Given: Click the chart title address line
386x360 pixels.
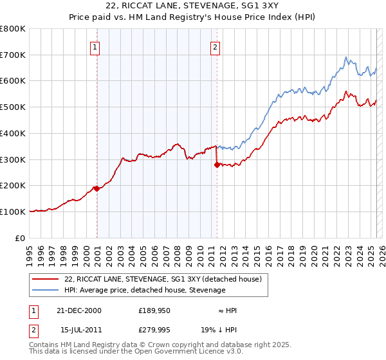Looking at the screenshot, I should coord(193,6).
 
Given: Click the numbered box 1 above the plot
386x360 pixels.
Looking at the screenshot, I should coord(95,46).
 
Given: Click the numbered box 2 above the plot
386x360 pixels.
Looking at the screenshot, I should coord(215,46).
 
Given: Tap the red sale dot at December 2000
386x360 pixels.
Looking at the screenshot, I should coord(96,188).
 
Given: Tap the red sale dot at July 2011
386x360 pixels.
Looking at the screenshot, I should coord(217,165).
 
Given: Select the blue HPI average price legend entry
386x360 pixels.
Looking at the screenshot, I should coord(145,291).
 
